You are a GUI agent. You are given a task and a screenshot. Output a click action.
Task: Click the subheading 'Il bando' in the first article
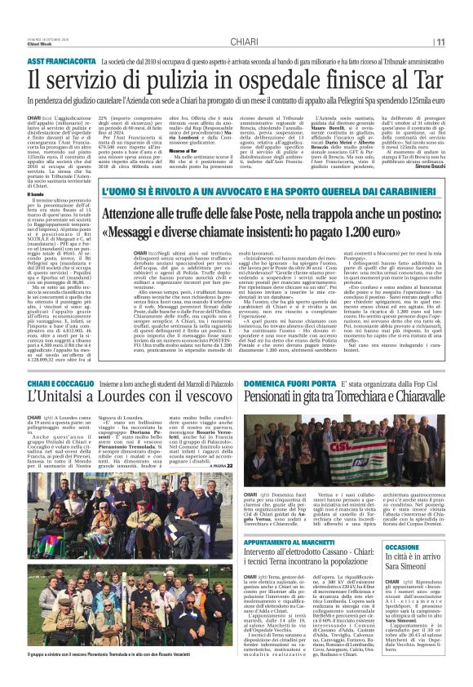36,193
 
